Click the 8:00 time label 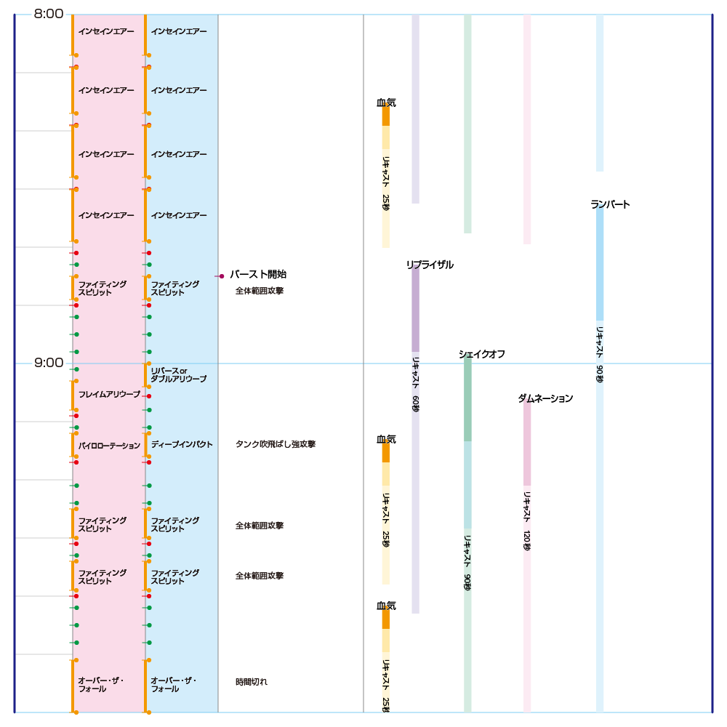point(49,13)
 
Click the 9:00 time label point(49,362)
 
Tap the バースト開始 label point(258,275)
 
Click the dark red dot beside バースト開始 point(222,276)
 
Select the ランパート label point(610,205)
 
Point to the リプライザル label point(430,265)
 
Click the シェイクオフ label point(481,354)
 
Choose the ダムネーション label point(545,398)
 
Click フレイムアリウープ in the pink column point(109,394)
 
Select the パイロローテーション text point(109,446)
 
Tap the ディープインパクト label point(182,444)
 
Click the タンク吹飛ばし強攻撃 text point(276,444)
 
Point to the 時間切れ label point(252,682)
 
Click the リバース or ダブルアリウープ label point(178,375)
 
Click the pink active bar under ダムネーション point(527,443)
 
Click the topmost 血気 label point(386,103)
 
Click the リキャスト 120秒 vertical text point(527,520)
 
